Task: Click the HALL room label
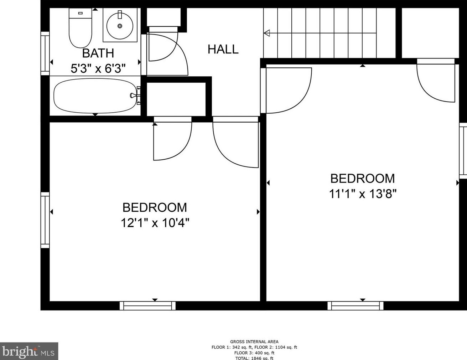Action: click(x=223, y=49)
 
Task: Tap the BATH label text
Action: click(x=98, y=53)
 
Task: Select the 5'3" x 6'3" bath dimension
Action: click(x=98, y=68)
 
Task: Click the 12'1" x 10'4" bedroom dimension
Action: click(x=155, y=223)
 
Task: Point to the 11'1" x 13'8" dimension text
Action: click(x=362, y=194)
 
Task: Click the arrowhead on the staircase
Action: click(x=266, y=33)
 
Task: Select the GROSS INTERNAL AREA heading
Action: click(x=254, y=341)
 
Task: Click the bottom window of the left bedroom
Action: click(x=147, y=305)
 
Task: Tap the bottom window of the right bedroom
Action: click(x=356, y=305)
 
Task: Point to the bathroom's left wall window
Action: click(x=45, y=53)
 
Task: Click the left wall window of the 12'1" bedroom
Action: click(x=45, y=220)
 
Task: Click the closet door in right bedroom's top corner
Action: click(x=436, y=81)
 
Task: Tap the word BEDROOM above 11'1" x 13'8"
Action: click(x=362, y=178)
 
